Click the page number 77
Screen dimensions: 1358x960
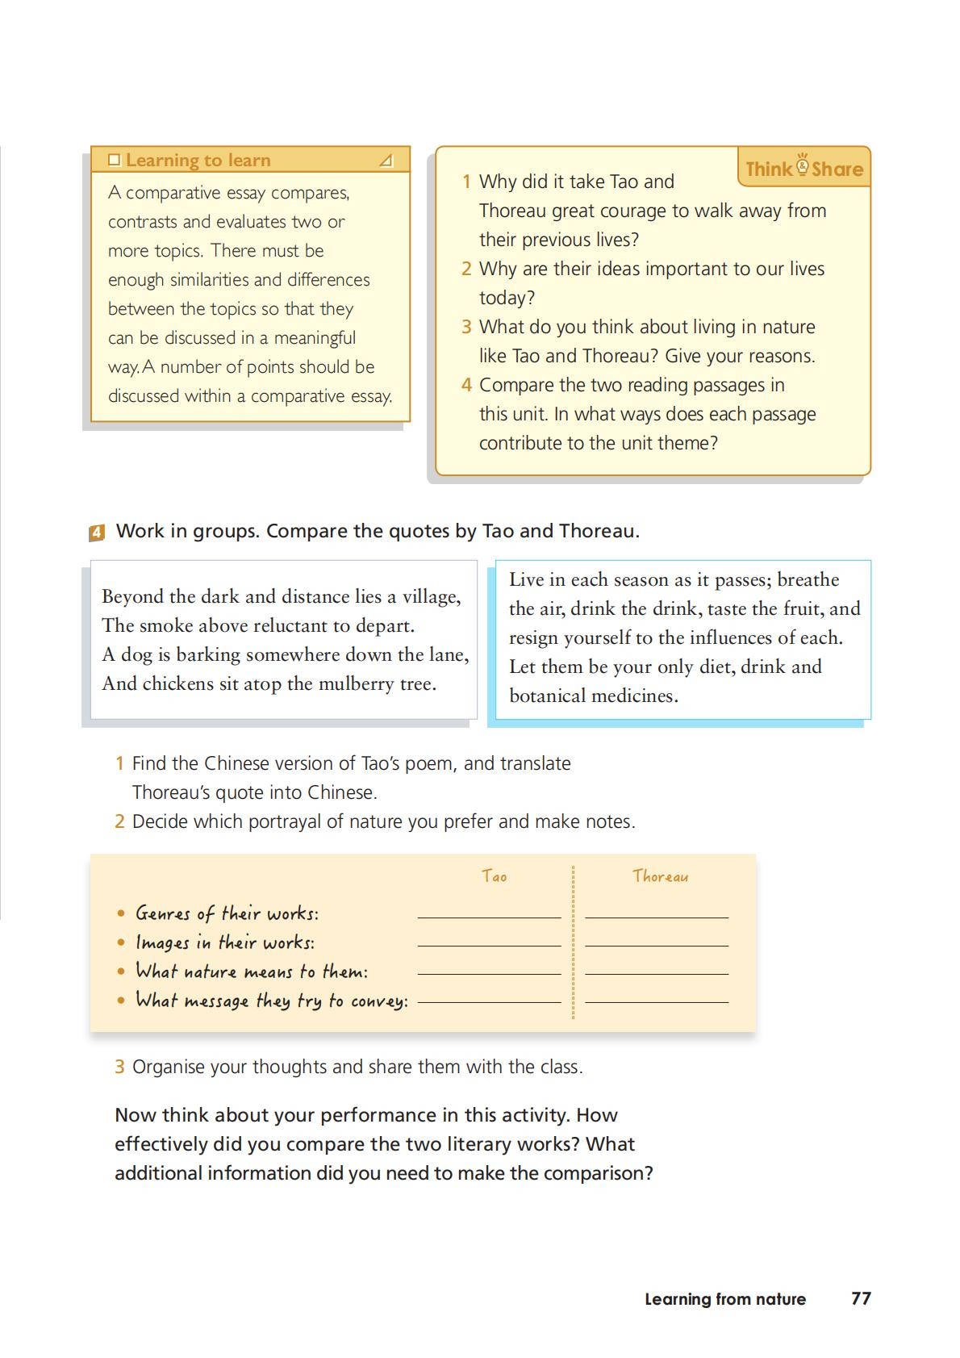click(861, 1298)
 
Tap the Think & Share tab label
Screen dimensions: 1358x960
click(803, 168)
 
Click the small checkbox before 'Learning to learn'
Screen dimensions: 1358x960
click(114, 160)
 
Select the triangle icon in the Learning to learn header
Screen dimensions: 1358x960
click(386, 161)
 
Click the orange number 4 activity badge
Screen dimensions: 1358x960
click(97, 533)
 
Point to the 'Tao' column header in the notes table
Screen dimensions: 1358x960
click(494, 876)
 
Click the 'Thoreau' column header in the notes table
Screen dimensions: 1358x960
click(660, 876)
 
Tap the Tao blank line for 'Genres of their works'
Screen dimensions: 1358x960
click(489, 916)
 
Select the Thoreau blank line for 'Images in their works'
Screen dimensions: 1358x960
click(657, 944)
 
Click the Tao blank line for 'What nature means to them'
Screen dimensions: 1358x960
click(489, 972)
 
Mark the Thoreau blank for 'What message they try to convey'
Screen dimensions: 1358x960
click(657, 1001)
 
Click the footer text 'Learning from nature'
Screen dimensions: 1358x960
click(724, 1299)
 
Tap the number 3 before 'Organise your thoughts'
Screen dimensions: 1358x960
click(119, 1067)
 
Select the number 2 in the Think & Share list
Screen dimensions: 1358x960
click(466, 269)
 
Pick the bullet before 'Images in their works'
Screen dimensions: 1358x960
click(121, 942)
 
